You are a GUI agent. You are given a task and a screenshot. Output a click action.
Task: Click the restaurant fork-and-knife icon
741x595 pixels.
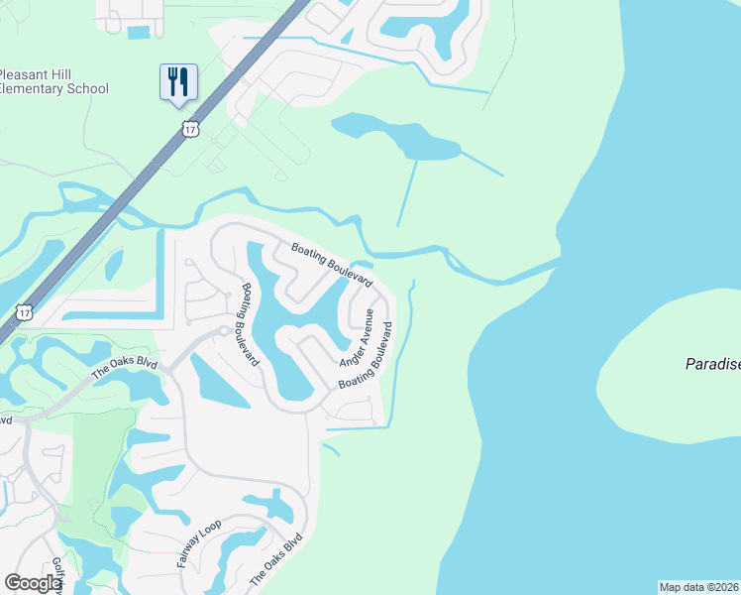tap(178, 80)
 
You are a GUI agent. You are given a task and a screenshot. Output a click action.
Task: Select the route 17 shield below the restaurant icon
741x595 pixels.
tap(191, 129)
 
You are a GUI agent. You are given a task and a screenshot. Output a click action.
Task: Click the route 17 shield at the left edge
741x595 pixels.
tap(24, 312)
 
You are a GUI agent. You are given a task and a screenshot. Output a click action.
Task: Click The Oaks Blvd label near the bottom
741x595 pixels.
tap(276, 560)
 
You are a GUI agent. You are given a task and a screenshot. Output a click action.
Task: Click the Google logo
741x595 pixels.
tap(33, 583)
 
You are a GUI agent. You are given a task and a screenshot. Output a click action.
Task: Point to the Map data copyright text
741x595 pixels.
tap(699, 587)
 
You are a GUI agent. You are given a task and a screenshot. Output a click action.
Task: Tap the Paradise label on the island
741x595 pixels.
tap(712, 365)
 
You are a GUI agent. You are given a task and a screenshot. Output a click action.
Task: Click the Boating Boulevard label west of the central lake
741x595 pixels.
tap(251, 324)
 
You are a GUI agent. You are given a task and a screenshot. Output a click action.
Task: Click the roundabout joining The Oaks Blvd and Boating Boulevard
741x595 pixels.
tap(226, 331)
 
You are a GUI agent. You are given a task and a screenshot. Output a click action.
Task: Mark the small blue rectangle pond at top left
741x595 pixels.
tap(139, 33)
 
